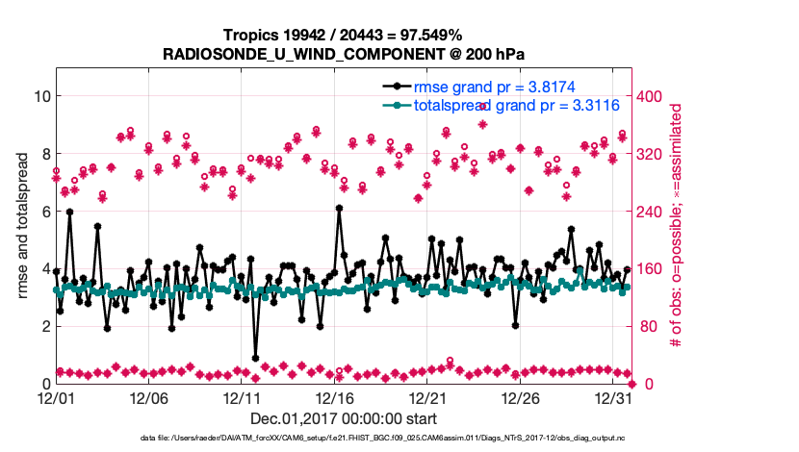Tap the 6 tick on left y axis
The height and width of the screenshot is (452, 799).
(44, 211)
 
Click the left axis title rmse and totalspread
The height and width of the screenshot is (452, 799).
(22, 226)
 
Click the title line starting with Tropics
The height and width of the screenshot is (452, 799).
(343, 35)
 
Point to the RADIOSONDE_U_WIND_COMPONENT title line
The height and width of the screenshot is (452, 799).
(343, 54)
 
